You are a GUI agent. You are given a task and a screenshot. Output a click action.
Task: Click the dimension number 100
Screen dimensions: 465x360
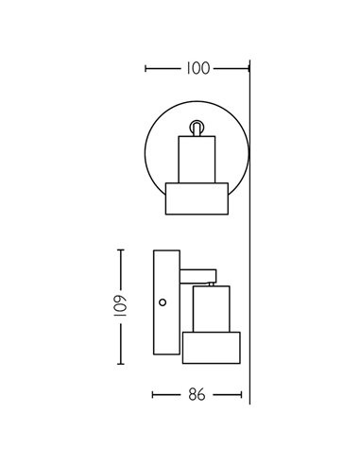point(197,68)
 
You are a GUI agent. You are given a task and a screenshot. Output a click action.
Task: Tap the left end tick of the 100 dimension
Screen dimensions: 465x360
point(146,68)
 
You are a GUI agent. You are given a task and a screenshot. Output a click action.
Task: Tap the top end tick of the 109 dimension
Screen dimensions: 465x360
point(120,250)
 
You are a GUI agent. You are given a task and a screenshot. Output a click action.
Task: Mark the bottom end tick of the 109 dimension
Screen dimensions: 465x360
point(120,365)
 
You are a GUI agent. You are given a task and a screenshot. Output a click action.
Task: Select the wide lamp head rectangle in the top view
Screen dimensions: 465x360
point(197,198)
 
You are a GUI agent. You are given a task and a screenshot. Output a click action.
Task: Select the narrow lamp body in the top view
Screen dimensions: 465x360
point(197,158)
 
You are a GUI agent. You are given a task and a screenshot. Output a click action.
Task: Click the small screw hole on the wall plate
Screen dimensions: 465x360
point(163,303)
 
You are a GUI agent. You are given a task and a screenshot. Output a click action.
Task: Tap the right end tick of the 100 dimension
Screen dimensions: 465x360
point(248,68)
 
